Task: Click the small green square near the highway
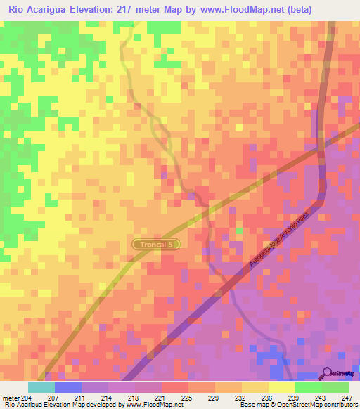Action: [239, 231]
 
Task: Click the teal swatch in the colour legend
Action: [41, 387]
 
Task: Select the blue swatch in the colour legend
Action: [68, 387]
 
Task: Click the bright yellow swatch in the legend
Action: [281, 387]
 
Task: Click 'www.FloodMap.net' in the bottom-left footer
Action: [149, 405]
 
